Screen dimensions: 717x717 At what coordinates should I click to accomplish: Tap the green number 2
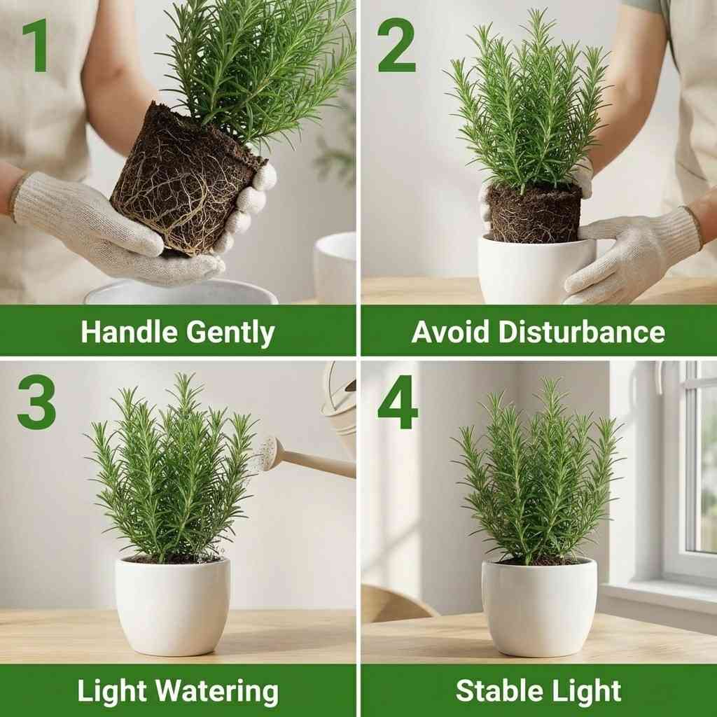(396, 46)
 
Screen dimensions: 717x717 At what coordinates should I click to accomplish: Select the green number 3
(36, 404)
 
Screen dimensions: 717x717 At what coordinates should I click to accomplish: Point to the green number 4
(398, 404)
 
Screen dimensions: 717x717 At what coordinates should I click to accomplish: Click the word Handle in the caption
(128, 333)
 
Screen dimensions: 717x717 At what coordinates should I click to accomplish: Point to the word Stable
(496, 691)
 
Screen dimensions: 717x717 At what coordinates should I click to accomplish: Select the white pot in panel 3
(172, 605)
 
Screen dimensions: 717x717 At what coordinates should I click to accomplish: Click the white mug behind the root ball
(335, 266)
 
